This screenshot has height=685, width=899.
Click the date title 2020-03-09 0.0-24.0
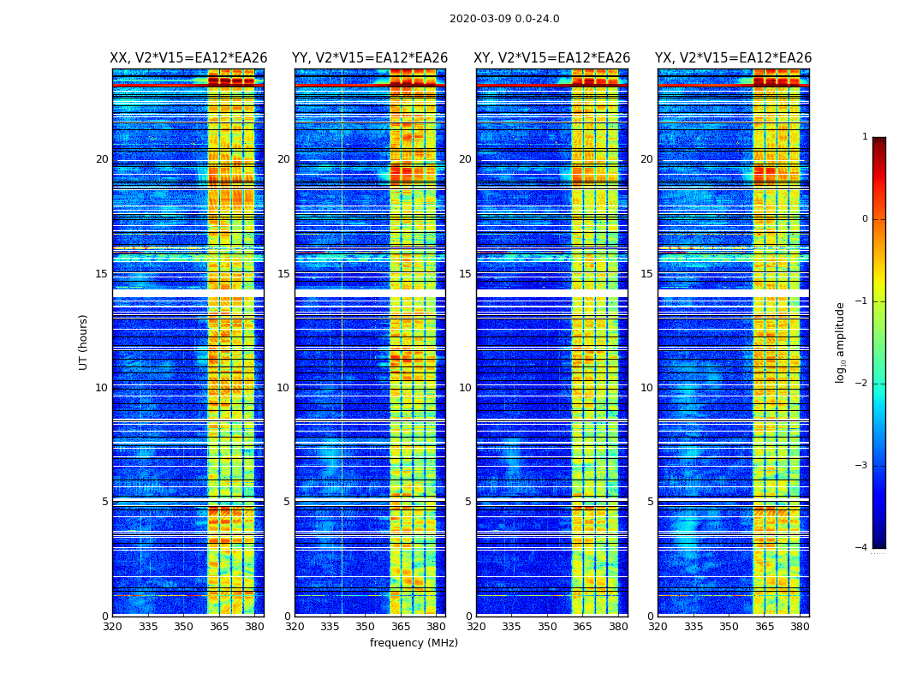click(x=504, y=19)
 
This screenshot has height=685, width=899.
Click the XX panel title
click(x=188, y=58)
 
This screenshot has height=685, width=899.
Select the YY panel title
click(x=370, y=58)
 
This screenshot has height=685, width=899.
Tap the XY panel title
click(x=552, y=58)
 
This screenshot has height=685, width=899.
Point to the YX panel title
click(x=734, y=58)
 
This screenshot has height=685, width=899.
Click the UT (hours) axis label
click(x=84, y=342)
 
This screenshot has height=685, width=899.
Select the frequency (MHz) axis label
click(x=414, y=643)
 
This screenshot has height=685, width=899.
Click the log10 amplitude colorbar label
click(x=841, y=342)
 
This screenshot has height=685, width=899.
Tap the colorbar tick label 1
click(x=865, y=137)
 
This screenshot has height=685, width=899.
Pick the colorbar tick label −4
click(x=862, y=548)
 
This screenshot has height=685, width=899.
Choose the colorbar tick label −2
click(x=862, y=384)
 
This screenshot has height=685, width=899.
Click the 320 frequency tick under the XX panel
click(x=112, y=627)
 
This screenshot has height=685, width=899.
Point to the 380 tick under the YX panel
click(x=800, y=627)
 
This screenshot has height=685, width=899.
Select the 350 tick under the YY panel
click(x=366, y=627)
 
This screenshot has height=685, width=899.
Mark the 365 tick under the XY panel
click(x=582, y=627)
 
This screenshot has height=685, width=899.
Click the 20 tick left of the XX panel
click(x=102, y=159)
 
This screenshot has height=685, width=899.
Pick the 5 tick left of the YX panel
click(x=650, y=502)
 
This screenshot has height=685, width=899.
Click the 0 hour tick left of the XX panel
click(x=105, y=616)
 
